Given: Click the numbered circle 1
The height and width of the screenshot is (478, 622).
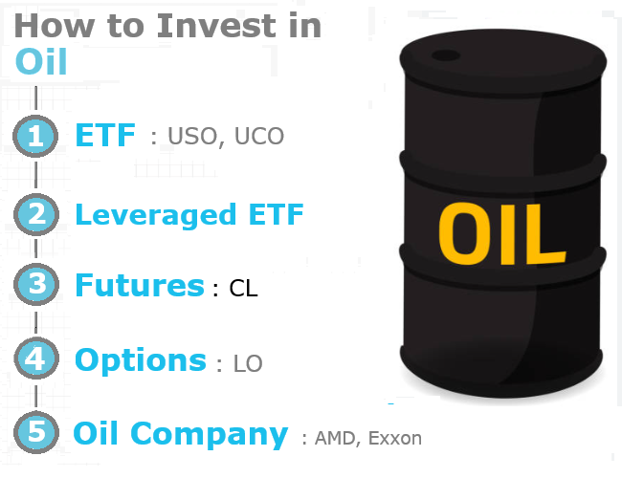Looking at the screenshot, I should pyautogui.click(x=36, y=137).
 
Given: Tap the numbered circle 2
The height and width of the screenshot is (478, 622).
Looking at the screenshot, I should pyautogui.click(x=36, y=214).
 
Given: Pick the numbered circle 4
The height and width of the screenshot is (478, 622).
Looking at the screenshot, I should pyautogui.click(x=36, y=360).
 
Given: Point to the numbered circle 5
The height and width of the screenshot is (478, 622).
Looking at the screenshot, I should pyautogui.click(x=36, y=432).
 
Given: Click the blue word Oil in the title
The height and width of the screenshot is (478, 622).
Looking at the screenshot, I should pyautogui.click(x=41, y=61).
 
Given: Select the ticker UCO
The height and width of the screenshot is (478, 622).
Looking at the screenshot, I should pyautogui.click(x=257, y=137).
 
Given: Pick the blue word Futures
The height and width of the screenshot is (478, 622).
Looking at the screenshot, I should pyautogui.click(x=140, y=285).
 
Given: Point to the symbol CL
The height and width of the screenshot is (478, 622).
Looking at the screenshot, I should pyautogui.click(x=244, y=289).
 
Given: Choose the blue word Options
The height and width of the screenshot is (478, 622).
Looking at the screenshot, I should pyautogui.click(x=141, y=360).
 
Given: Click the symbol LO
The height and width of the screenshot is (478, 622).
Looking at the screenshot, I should pyautogui.click(x=248, y=364).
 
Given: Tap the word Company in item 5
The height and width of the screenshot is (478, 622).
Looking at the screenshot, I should pyautogui.click(x=211, y=434).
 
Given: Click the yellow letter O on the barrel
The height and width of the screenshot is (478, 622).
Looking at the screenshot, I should pyautogui.click(x=464, y=234).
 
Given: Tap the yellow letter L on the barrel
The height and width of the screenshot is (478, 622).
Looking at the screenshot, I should pyautogui.click(x=539, y=234).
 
